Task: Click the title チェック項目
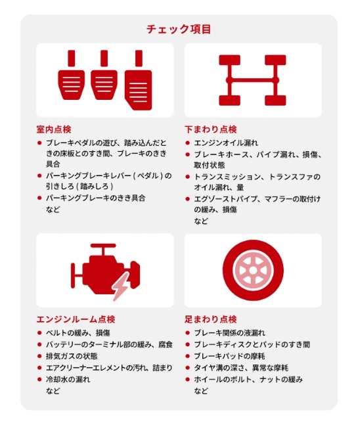coord(179,30)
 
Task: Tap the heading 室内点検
coord(54,129)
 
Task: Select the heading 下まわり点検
coord(211,129)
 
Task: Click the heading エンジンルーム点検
coord(76,319)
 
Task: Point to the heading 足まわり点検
coord(211,319)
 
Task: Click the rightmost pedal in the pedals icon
coord(139,80)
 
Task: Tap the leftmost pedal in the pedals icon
coord(72,76)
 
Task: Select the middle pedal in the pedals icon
coord(104,76)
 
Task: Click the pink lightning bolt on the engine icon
coord(122,286)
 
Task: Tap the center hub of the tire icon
coord(253,271)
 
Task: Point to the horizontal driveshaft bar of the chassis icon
coord(252,80)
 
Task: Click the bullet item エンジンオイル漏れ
coord(226,143)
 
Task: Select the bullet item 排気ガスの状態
coord(72,356)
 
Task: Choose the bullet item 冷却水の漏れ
coord(68,380)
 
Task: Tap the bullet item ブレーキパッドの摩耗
coord(229,356)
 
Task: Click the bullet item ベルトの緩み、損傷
coord(78,333)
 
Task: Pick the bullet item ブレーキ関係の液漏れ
coord(229,333)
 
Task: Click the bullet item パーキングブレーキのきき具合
coord(95,198)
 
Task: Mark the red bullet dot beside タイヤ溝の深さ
coord(187,368)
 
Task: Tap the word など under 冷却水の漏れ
coord(53,391)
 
